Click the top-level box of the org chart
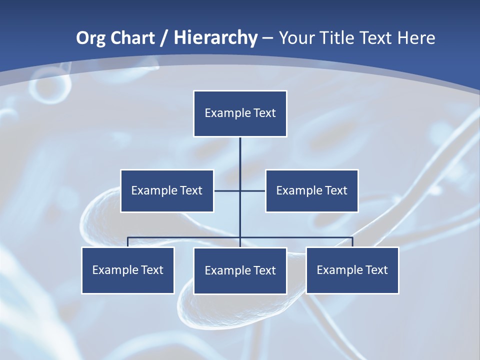point(240,113)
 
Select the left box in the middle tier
point(167,190)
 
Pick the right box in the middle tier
point(311,190)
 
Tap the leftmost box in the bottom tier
point(128,270)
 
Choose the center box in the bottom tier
point(240,270)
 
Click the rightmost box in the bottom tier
point(352,270)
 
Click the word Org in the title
point(91,38)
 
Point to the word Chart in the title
point(132,38)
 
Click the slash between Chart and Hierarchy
point(164,38)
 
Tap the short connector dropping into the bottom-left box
point(128,242)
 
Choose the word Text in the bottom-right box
point(376,270)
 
